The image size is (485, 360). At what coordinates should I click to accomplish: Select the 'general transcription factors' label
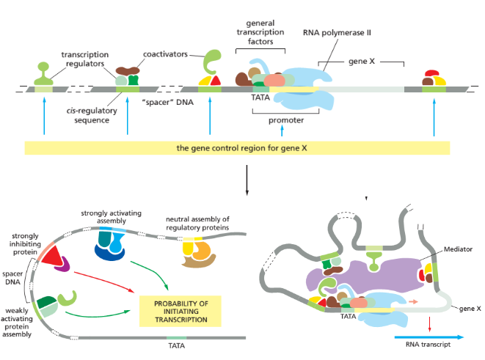[x=260, y=33]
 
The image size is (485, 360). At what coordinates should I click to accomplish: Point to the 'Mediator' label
[x=457, y=249]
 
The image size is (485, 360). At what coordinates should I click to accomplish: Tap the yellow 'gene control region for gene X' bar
[x=237, y=148]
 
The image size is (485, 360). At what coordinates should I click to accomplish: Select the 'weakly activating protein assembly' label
[x=21, y=323]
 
